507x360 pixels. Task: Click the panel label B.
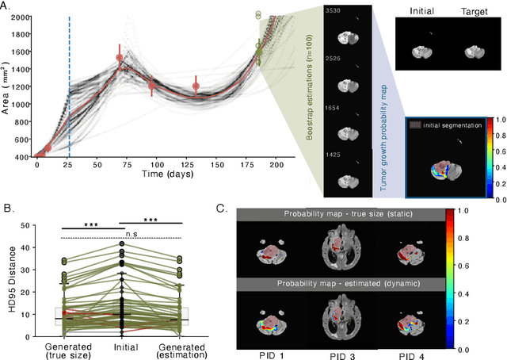8,209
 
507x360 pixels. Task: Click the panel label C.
222,209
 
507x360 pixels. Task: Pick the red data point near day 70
120,58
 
